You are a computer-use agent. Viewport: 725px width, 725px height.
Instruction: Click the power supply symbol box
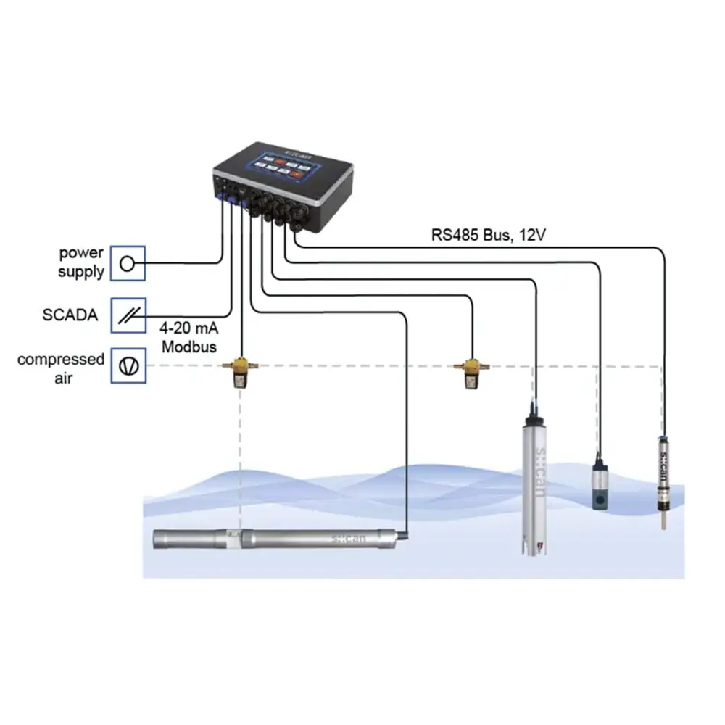tap(128, 263)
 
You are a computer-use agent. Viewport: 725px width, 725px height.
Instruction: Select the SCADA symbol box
tap(128, 315)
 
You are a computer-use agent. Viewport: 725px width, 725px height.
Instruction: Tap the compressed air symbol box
tap(128, 366)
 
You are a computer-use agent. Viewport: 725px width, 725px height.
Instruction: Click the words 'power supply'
tap(81, 263)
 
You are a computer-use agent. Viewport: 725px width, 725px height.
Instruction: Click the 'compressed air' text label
tap(61, 368)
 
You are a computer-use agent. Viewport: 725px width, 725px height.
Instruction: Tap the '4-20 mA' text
tap(190, 328)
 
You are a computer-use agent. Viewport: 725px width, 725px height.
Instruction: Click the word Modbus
tap(189, 347)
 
